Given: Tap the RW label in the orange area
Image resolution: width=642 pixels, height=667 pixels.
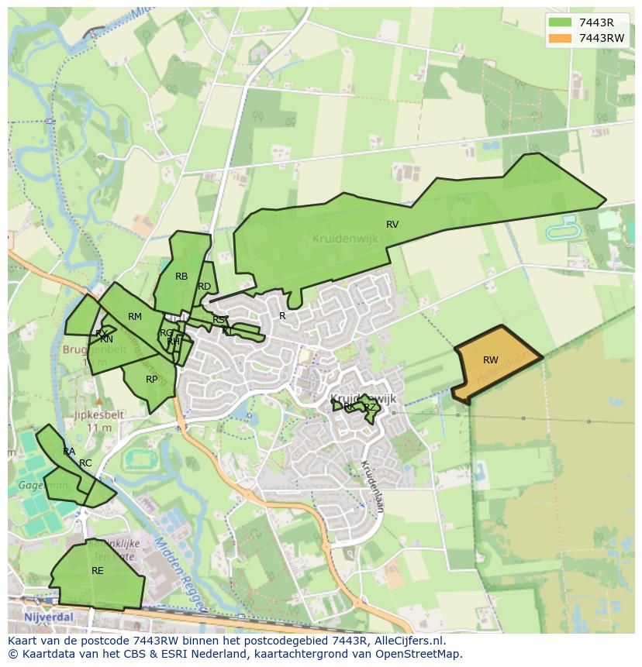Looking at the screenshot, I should (491, 360).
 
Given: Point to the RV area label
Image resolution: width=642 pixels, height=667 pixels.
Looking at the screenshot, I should (392, 225).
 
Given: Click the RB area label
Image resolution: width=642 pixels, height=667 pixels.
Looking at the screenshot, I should (181, 277).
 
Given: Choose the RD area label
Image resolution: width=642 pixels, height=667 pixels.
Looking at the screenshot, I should (204, 287).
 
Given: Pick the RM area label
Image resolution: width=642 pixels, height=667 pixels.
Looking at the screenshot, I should (135, 317).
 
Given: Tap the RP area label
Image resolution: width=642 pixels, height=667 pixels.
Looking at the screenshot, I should (152, 380).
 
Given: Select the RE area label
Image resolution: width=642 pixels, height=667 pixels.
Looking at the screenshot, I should (98, 571).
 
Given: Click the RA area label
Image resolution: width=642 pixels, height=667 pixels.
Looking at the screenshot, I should (69, 452).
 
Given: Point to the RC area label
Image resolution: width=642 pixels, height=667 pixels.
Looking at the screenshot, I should (85, 463).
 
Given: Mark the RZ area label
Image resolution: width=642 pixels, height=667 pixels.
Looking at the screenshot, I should (370, 407).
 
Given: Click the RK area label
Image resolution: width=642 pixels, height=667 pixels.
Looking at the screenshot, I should (349, 407).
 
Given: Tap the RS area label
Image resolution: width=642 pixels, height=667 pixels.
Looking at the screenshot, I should (219, 320).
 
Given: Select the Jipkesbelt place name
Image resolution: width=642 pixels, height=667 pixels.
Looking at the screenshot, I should (98, 414).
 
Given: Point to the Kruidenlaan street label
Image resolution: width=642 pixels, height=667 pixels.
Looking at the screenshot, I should (373, 486).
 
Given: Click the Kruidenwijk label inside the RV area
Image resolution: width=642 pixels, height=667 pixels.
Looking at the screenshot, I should (345, 239).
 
